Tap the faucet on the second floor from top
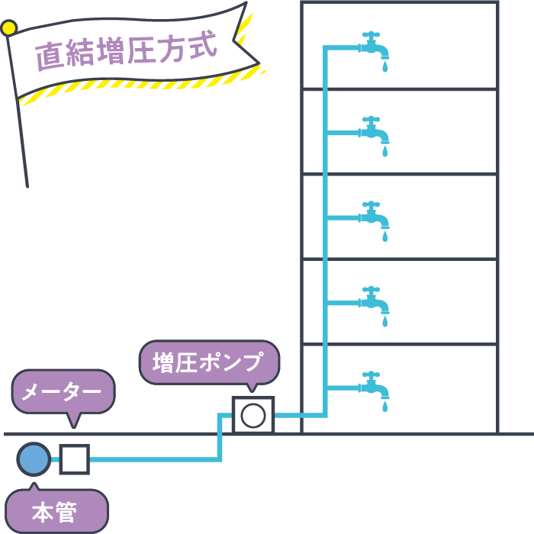[374, 132]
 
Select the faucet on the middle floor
[374, 217]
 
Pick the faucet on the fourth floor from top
[374, 302]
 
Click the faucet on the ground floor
[374, 387]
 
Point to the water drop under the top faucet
[384, 67]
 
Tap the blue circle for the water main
[34, 459]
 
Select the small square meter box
[75, 459]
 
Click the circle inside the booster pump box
[253, 416]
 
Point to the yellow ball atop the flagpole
[8, 29]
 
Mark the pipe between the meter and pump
[153, 459]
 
